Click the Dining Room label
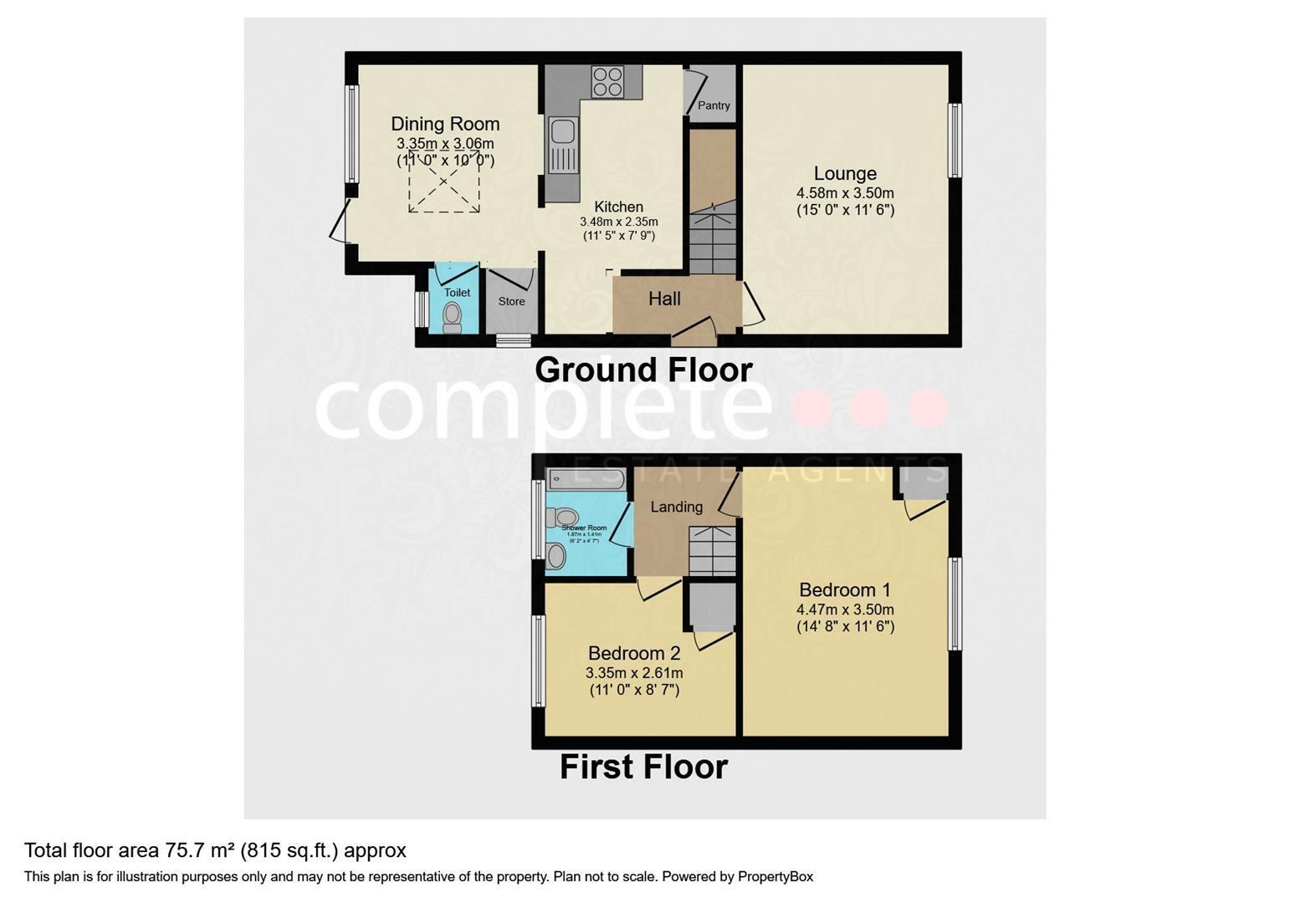(445, 124)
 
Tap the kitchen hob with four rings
(607, 81)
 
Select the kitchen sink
(562, 133)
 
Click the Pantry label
(714, 105)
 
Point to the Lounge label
(845, 173)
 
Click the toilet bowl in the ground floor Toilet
(453, 315)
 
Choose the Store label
(512, 301)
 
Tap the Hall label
(664, 298)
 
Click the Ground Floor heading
(643, 370)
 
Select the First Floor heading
(643, 767)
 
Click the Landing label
(676, 507)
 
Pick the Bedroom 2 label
(634, 653)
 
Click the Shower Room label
(584, 528)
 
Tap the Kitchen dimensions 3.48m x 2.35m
(619, 222)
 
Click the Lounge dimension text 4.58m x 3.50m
(845, 192)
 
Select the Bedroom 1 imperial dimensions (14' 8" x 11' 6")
(845, 626)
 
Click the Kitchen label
(619, 207)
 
